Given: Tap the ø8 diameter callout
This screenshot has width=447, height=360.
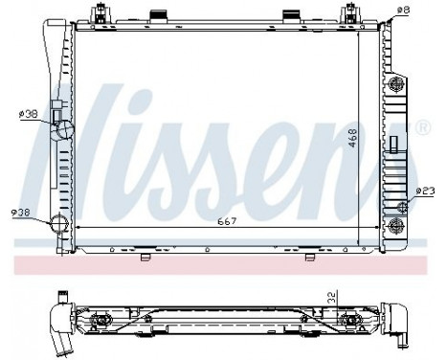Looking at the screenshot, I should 403,11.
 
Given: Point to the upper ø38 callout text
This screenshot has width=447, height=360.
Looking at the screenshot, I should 28,113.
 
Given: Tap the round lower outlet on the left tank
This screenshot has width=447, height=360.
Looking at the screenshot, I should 59,225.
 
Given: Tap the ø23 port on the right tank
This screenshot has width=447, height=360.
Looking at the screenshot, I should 398,197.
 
